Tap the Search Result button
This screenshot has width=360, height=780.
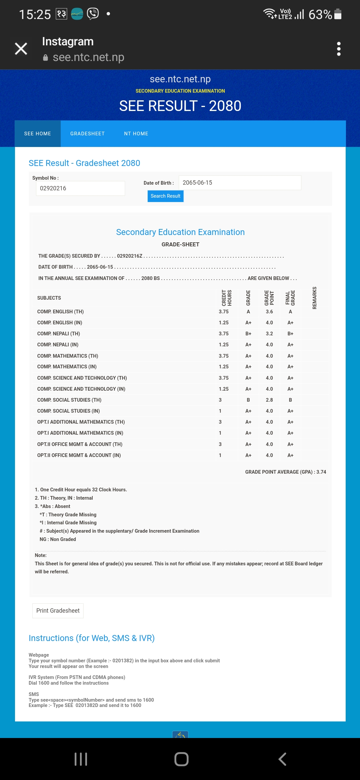[165, 196]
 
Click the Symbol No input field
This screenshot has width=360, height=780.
[80, 188]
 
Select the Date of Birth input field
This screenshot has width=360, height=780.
[240, 183]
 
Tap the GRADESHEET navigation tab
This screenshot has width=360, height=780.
[87, 134]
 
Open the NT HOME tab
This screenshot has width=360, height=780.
[136, 134]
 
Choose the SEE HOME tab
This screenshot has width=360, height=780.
[38, 134]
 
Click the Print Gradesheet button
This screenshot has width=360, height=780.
[58, 611]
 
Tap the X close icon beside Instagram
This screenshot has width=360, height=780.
[21, 49]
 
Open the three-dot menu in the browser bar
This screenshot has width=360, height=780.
[339, 49]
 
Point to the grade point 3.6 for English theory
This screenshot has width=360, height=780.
[269, 312]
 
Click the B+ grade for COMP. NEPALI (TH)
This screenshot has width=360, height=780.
[248, 334]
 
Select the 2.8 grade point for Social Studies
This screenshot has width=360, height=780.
[269, 400]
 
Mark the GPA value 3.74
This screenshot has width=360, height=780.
[321, 472]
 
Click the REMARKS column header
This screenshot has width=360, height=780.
[314, 298]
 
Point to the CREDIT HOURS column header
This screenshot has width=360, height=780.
[227, 298]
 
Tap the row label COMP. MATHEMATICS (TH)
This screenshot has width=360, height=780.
[68, 356]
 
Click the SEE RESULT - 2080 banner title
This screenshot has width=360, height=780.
[180, 106]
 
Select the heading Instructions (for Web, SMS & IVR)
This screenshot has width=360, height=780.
[92, 638]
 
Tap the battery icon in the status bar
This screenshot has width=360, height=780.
[338, 14]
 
